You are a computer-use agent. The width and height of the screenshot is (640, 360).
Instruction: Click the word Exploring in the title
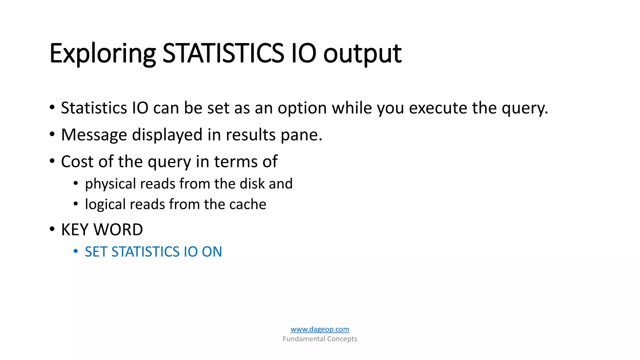pyautogui.click(x=102, y=54)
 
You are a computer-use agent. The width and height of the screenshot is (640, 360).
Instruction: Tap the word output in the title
pyautogui.click(x=362, y=54)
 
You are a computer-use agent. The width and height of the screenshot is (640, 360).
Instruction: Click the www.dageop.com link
pyautogui.click(x=320, y=329)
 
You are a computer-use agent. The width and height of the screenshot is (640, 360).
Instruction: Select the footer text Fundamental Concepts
pyautogui.click(x=320, y=339)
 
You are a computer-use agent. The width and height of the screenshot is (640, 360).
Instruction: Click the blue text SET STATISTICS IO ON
pyautogui.click(x=153, y=252)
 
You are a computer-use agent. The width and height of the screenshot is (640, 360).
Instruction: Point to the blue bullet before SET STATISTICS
pyautogui.click(x=75, y=251)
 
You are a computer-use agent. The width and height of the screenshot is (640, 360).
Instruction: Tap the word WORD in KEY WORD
pyautogui.click(x=118, y=230)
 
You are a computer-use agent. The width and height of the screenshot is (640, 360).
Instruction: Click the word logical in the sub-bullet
pyautogui.click(x=105, y=205)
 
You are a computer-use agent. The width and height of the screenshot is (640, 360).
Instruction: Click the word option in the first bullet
pyautogui.click(x=302, y=108)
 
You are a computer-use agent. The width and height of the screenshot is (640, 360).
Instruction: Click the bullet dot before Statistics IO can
pyautogui.click(x=52, y=107)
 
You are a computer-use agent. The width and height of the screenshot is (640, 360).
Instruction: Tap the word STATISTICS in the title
pyautogui.click(x=223, y=54)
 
